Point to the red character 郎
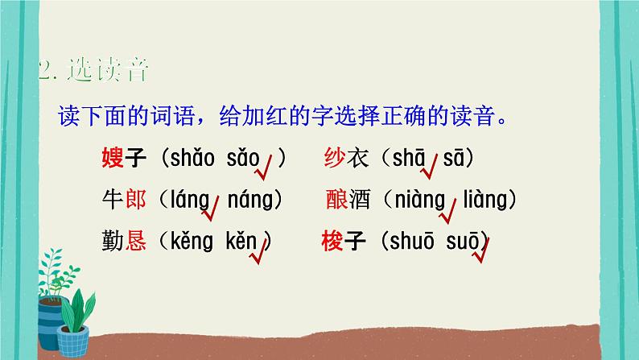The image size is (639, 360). pyautogui.click(x=137, y=199)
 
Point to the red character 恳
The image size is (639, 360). pyautogui.click(x=137, y=240)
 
